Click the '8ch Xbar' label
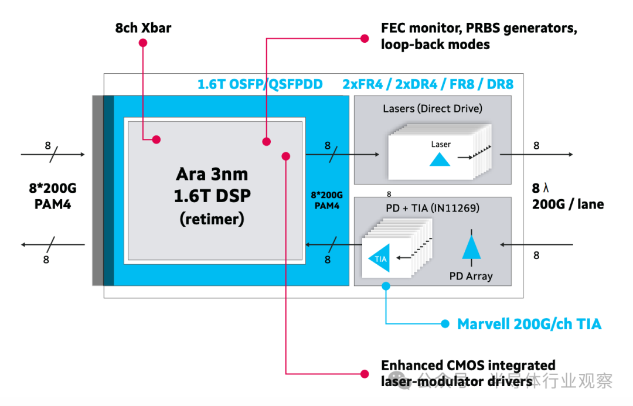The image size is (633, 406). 143,28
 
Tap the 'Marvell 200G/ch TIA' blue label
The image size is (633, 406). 529,323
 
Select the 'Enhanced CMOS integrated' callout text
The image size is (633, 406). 468,366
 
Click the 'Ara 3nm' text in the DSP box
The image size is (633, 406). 212,175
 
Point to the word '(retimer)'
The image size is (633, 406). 212,219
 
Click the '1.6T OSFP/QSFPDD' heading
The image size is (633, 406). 260,84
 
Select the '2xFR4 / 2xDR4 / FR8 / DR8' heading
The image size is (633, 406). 428,84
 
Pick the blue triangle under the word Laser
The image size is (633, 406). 440,159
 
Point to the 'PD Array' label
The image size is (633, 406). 471,276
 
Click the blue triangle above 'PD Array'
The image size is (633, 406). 471,245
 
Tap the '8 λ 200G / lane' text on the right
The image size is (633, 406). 567,196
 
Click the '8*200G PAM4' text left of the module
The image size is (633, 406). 53,197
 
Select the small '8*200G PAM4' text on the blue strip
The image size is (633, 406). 327,200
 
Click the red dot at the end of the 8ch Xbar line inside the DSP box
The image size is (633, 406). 156,139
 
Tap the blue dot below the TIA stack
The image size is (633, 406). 386,286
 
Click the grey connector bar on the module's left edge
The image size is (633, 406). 97,190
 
